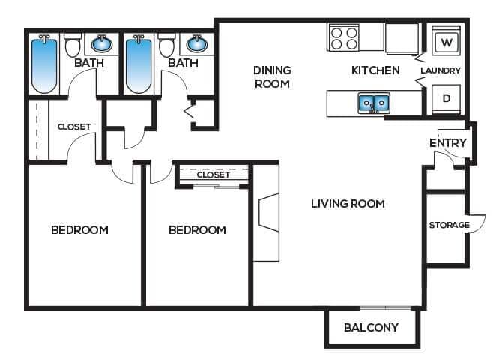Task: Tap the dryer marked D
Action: (447, 98)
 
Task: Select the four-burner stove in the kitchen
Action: (344, 37)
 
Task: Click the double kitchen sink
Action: (373, 103)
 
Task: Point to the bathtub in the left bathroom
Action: (43, 65)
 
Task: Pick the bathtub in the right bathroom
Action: (139, 65)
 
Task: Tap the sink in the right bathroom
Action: (196, 43)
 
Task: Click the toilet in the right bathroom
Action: (167, 46)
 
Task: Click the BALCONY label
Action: (371, 328)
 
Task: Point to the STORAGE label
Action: (449, 225)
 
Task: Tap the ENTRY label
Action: (448, 143)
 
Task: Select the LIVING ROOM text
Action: (348, 203)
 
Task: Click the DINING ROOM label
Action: (271, 76)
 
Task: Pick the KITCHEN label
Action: (375, 70)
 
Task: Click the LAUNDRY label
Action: (441, 70)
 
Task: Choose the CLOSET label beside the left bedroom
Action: (74, 127)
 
